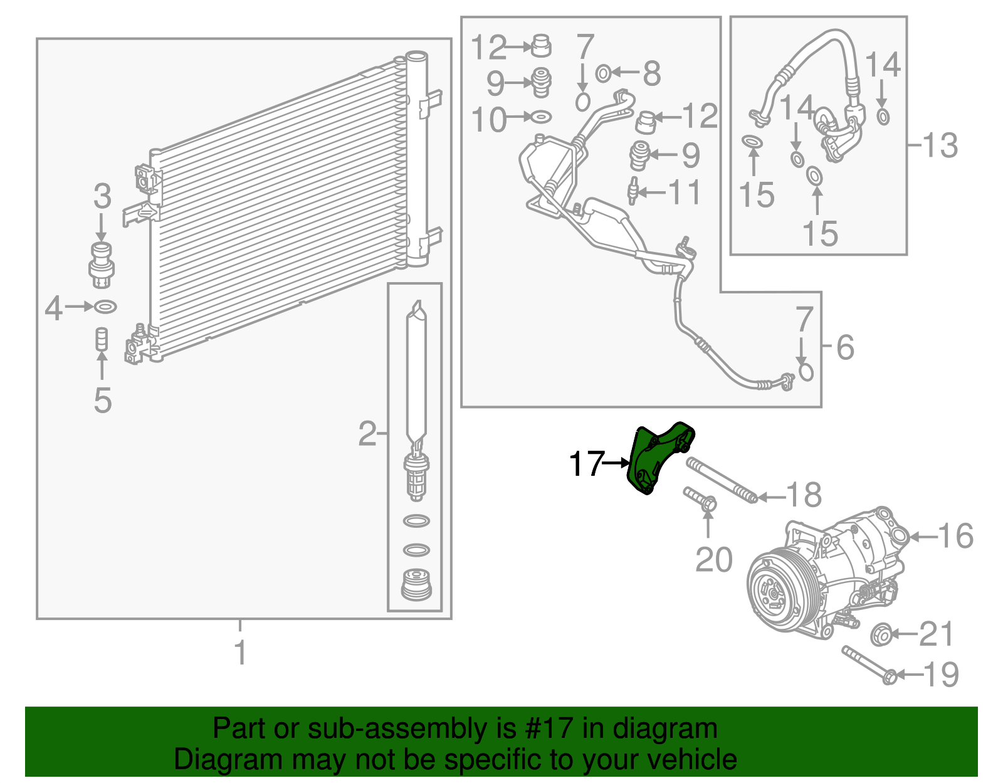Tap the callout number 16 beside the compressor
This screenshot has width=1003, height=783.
[x=955, y=537]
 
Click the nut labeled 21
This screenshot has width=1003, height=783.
[x=881, y=634]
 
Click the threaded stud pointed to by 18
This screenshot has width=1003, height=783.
[x=721, y=480]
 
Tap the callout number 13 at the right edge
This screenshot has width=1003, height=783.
[x=940, y=146]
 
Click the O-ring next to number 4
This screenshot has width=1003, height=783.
[x=105, y=307]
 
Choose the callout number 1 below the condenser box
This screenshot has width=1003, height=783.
[x=240, y=653]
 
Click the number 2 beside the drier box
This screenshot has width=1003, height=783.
[x=367, y=434]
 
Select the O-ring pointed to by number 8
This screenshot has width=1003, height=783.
[x=602, y=73]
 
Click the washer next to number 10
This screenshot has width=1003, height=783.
[x=541, y=117]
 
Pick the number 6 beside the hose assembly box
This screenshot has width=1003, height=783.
[x=845, y=347]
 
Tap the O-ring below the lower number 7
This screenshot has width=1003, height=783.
[x=806, y=372]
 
